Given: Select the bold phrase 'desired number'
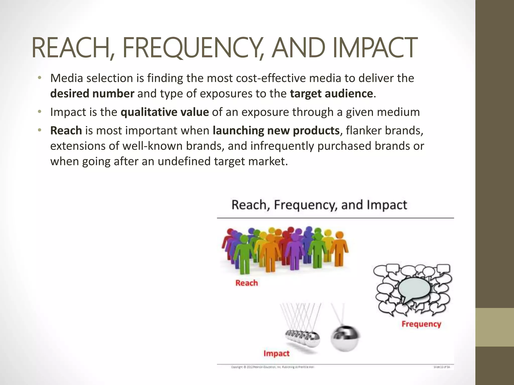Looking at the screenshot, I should click(92, 93).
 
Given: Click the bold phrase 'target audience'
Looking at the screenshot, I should click(331, 93).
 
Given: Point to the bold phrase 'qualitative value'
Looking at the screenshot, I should click(165, 112).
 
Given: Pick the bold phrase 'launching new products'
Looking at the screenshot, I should click(276, 130).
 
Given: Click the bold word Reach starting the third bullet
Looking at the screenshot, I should click(66, 130).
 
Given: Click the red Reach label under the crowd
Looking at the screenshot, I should click(246, 283).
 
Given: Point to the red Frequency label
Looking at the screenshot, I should click(421, 324).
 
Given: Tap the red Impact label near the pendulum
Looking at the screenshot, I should click(276, 353).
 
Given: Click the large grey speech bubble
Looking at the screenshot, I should click(414, 289).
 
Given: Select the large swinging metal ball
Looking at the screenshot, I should click(345, 338).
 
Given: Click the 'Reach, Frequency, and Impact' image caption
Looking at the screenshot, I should click(319, 205).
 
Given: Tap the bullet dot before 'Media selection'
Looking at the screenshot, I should click(39, 78).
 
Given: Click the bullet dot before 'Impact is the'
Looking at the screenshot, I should click(39, 112).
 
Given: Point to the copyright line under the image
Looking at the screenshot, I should click(272, 367).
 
